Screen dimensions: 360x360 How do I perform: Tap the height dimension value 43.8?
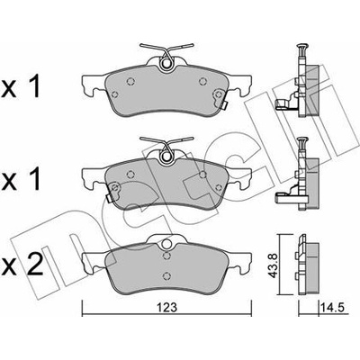click(x=273, y=267)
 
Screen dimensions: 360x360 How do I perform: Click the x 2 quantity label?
click(x=22, y=264)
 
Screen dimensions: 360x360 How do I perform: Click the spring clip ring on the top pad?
click(x=166, y=64)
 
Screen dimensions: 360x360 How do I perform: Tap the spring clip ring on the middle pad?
click(x=166, y=157)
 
